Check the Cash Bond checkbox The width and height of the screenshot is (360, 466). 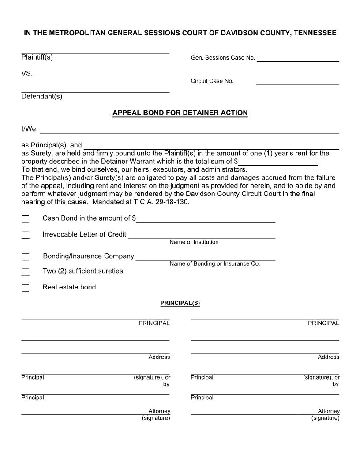tap(26, 219)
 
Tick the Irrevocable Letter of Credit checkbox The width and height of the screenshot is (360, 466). tap(26, 235)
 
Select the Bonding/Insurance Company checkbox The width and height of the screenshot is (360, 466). tap(26, 257)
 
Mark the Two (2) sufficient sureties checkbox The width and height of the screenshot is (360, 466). tap(26, 272)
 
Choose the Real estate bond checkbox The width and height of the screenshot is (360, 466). tap(26, 288)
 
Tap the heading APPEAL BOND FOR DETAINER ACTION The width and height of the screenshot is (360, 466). tap(180, 113)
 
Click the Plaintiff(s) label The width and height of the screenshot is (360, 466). tap(37, 57)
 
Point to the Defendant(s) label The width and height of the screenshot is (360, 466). tap(41, 97)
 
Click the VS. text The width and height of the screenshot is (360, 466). tap(27, 73)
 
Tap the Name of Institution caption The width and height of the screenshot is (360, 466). tap(194, 242)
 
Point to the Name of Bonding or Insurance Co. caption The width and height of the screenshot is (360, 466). tap(214, 263)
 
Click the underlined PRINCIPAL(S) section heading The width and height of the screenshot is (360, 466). tap(180, 303)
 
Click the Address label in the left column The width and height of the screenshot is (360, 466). tap(159, 357)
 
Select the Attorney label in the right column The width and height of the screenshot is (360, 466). tap(329, 411)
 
